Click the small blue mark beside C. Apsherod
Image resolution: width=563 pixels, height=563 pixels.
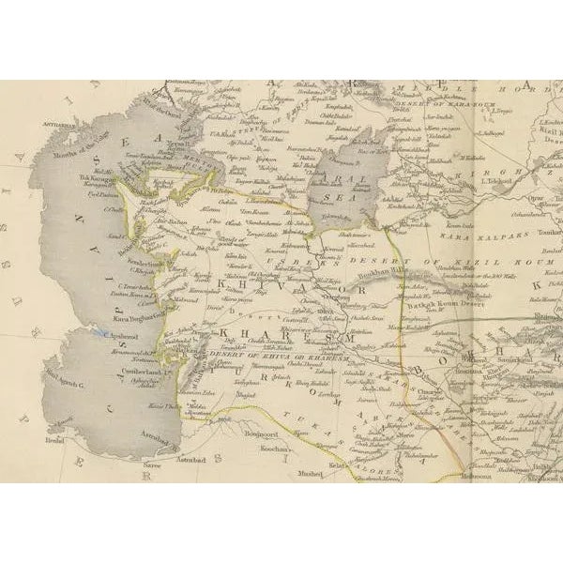(x=97, y=332)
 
